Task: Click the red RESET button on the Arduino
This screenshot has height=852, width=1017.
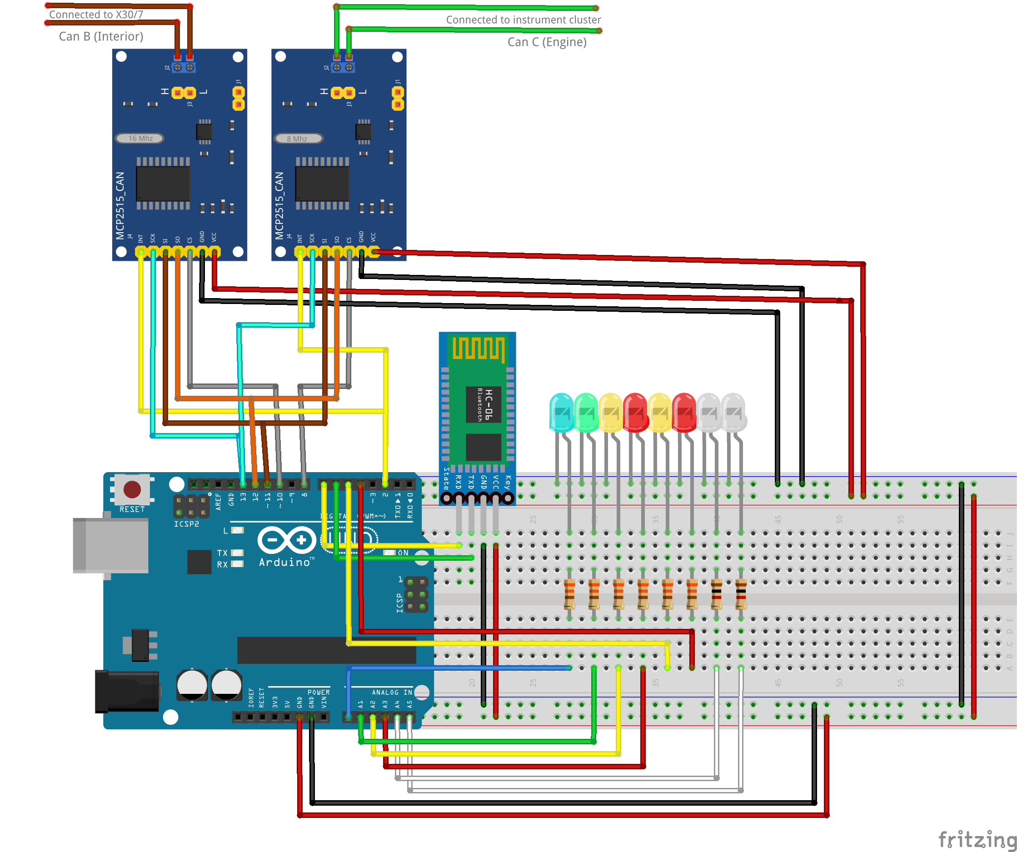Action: click(132, 489)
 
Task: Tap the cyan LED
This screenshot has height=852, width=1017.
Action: click(561, 412)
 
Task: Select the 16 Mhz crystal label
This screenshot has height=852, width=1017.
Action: click(140, 139)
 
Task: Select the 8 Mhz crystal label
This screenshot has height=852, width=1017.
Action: click(298, 139)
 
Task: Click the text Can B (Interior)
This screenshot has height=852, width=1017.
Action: click(101, 36)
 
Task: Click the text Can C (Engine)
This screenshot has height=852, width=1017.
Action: click(547, 42)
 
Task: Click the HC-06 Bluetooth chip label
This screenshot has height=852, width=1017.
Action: click(484, 404)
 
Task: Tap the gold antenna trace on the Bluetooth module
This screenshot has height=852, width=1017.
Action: click(478, 348)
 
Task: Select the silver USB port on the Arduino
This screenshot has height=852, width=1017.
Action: click(110, 545)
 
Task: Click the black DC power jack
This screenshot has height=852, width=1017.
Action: click(127, 691)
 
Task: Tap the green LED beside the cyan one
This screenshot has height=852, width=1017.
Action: click(586, 412)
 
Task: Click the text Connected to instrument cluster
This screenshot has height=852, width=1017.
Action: click(523, 20)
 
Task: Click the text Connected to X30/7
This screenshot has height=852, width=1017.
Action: click(96, 15)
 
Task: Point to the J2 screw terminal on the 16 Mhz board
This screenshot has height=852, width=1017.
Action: click(184, 67)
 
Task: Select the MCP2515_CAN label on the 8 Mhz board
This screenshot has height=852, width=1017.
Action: click(279, 206)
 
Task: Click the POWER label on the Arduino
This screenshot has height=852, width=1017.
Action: click(318, 692)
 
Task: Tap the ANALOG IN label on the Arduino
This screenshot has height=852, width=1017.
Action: click(391, 692)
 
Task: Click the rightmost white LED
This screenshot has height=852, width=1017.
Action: click(734, 412)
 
